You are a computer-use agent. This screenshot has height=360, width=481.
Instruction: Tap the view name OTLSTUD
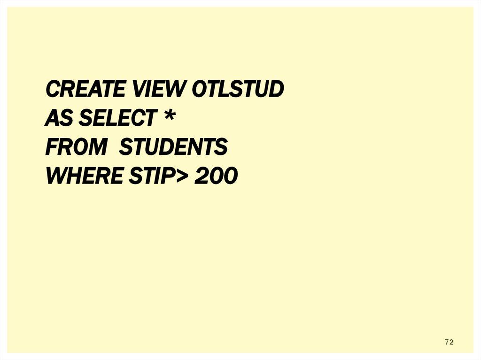click(238, 89)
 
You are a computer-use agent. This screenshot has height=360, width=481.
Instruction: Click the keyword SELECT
click(116, 118)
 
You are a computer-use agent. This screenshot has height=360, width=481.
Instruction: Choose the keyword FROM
click(76, 147)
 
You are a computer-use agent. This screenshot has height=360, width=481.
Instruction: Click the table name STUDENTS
click(173, 147)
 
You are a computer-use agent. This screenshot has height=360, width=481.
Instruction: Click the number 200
click(217, 176)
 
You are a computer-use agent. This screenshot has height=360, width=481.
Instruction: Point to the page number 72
click(449, 342)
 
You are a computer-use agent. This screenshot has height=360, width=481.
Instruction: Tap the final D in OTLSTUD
click(277, 89)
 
